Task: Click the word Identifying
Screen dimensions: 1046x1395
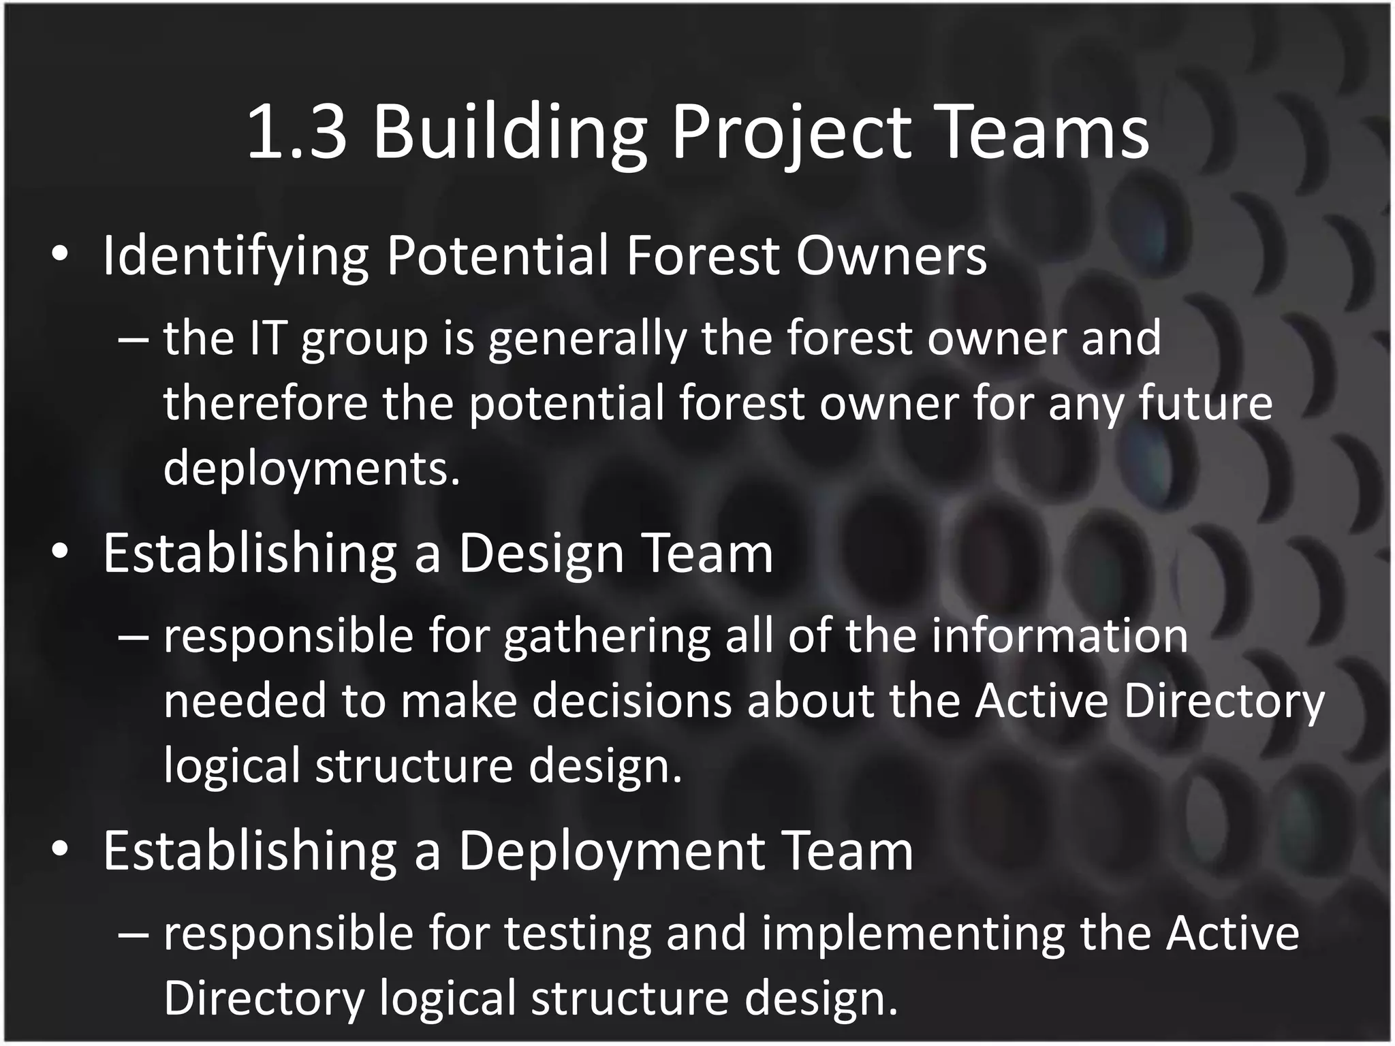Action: click(236, 257)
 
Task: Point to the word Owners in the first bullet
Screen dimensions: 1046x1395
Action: click(891, 257)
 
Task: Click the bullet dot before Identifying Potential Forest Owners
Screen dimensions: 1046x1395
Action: click(60, 255)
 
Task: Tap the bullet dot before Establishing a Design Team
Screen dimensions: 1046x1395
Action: click(60, 553)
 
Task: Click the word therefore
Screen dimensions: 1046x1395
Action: click(265, 402)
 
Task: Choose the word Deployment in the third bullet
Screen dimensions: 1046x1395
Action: click(611, 851)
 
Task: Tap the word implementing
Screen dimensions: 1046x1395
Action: click(913, 934)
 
